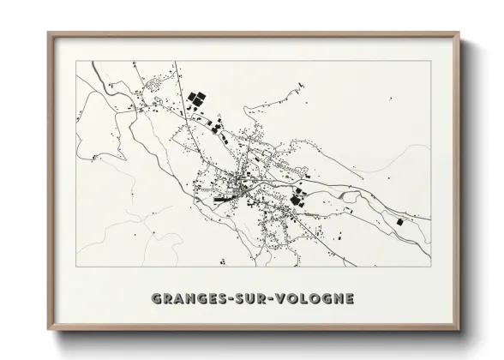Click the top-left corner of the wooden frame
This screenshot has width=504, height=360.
[48, 33]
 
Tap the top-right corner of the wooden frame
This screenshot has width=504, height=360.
[459, 33]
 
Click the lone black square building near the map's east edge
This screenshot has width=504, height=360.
[399, 222]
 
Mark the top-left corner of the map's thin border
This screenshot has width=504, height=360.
[75, 60]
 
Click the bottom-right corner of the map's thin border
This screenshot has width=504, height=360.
[430, 267]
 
